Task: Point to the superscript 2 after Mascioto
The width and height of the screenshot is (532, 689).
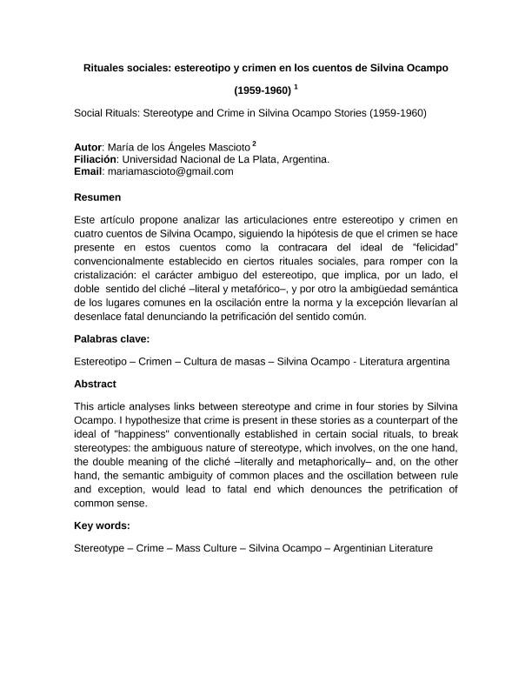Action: pyautogui.click(x=254, y=144)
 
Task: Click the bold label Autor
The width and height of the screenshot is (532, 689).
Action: pyautogui.click(x=89, y=148)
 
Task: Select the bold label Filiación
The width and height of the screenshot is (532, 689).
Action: pyautogui.click(x=96, y=160)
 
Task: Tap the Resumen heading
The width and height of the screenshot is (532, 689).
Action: pyautogui.click(x=97, y=197)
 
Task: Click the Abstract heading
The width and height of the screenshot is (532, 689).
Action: pyautogui.click(x=96, y=384)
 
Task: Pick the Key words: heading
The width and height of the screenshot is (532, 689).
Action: pyautogui.click(x=102, y=525)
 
